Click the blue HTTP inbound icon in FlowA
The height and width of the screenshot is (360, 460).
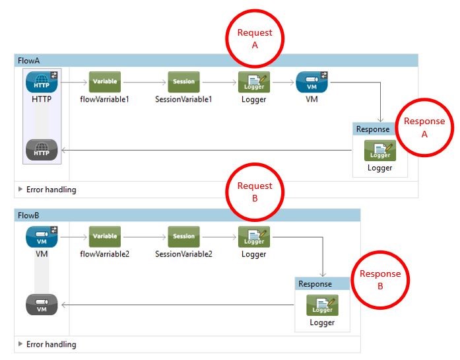pyautogui.click(x=42, y=83)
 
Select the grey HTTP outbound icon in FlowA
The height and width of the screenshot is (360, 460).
pyautogui.click(x=42, y=150)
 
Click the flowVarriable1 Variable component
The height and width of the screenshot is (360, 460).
pyautogui.click(x=105, y=83)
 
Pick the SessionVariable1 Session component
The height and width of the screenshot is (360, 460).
pyautogui.click(x=183, y=83)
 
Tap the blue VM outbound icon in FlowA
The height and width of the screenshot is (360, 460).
pyautogui.click(x=312, y=83)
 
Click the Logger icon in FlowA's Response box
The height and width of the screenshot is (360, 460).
pyautogui.click(x=379, y=151)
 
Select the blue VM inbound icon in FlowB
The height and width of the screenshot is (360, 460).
pyautogui.click(x=42, y=236)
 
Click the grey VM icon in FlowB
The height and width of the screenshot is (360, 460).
pyautogui.click(x=42, y=305)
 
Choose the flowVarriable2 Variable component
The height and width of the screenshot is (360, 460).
pyautogui.click(x=105, y=236)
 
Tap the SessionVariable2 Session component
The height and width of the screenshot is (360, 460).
pyautogui.click(x=183, y=236)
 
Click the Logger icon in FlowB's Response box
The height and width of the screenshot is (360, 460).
pyautogui.click(x=322, y=305)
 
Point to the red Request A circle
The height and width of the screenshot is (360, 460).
pyautogui.click(x=255, y=39)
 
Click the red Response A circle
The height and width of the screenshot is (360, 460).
pyautogui.click(x=424, y=127)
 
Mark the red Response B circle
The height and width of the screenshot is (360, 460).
pyautogui.click(x=379, y=280)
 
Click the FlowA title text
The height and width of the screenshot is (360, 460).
pyautogui.click(x=29, y=61)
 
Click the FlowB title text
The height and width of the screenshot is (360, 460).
pyautogui.click(x=29, y=215)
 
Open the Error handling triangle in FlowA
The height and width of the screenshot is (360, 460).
pyautogui.click(x=20, y=190)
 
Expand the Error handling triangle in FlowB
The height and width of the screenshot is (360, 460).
pyautogui.click(x=20, y=344)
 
